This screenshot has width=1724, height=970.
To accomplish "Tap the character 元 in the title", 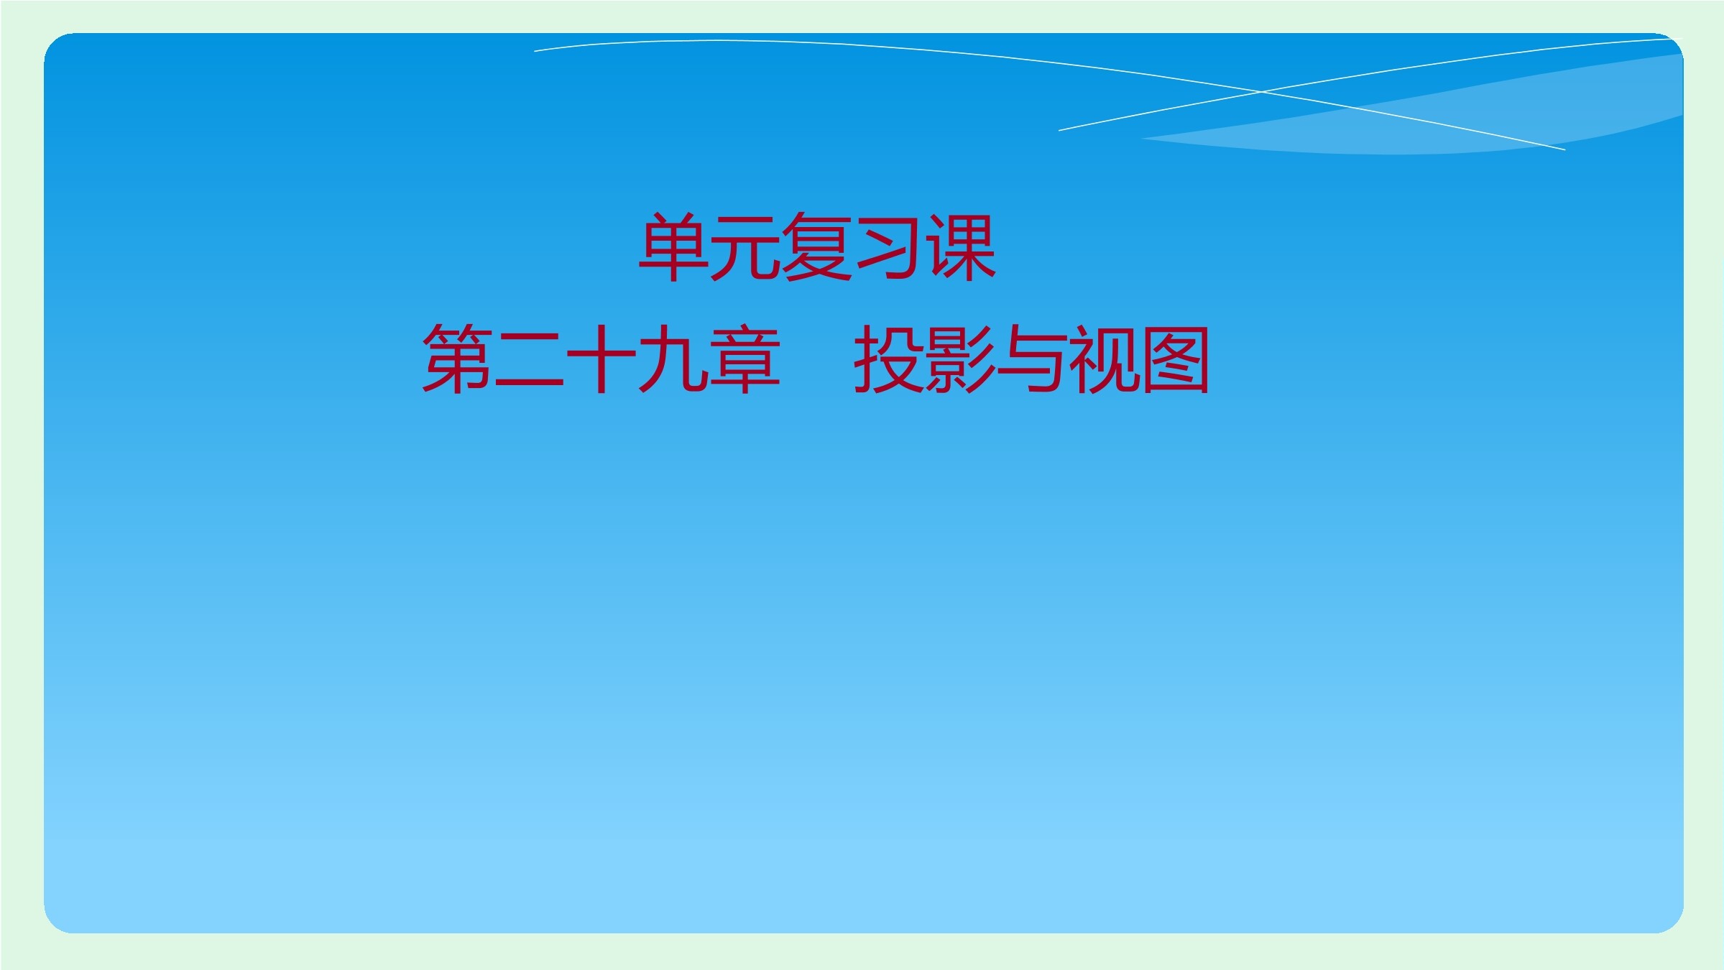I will click(x=745, y=247).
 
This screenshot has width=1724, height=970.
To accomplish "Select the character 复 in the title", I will click(x=816, y=247).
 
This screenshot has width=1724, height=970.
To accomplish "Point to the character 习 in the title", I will click(x=888, y=247).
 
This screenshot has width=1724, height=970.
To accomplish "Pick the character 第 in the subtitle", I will click(x=457, y=359).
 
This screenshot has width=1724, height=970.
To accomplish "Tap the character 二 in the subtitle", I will click(x=529, y=359).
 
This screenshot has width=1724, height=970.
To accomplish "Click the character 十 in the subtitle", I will click(x=601, y=359).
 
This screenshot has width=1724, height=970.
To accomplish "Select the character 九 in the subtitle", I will click(x=673, y=359).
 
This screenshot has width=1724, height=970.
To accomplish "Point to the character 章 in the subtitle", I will click(x=745, y=359).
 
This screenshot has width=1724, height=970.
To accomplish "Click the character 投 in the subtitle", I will click(x=888, y=359).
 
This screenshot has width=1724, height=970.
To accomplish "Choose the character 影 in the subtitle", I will click(x=960, y=359).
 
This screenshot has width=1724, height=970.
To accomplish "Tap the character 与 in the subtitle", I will click(x=1032, y=359).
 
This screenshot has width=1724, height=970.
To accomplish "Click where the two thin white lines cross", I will click(x=1262, y=92).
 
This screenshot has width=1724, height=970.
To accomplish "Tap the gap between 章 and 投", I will click(x=817, y=359).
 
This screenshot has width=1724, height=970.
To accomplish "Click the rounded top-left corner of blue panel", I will click(x=57, y=47).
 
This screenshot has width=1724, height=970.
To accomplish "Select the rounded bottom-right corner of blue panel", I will click(x=1669, y=919).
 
